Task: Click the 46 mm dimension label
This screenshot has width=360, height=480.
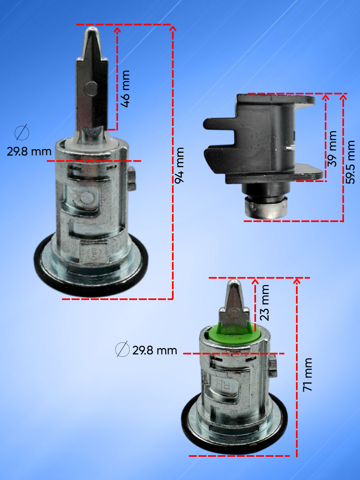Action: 126,89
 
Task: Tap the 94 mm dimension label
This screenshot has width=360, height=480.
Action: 180,165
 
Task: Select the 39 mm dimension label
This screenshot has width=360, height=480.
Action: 332,149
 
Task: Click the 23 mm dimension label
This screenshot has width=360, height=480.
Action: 264,302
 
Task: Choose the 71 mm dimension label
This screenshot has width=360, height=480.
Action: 307,375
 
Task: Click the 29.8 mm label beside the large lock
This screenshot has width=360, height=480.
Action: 29,152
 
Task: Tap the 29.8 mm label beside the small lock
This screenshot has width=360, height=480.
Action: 155,350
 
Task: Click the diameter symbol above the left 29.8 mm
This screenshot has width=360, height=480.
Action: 22,132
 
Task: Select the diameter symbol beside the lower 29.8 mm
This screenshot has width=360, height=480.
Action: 122,349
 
